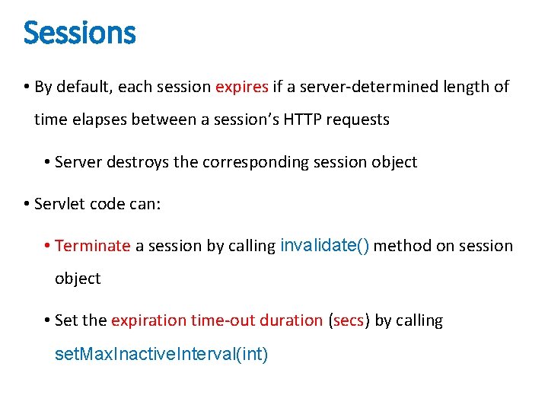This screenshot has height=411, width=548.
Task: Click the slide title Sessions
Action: (79, 33)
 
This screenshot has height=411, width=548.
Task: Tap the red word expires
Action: (242, 87)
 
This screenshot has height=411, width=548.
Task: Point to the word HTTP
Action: (284, 119)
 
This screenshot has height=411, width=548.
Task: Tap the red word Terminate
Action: (93, 246)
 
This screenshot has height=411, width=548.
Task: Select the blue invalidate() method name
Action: (325, 245)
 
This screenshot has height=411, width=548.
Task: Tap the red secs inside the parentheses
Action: (349, 320)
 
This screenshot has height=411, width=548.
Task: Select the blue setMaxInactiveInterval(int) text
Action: (161, 355)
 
